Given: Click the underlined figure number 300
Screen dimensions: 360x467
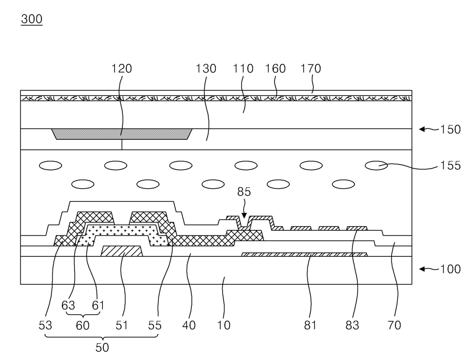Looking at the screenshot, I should pos(32,19).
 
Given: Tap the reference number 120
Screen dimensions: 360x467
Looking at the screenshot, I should pos(121,69).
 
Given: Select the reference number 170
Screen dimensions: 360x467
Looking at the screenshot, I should pos(311,69).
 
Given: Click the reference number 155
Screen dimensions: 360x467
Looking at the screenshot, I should pos(450,165).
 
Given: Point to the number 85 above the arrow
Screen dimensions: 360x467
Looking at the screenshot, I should pos(244,192).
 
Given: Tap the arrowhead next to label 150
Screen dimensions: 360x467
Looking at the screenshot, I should pos(423,129).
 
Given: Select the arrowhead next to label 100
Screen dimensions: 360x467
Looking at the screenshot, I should pos(423,269).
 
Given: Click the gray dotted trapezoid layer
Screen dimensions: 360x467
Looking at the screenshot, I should pos(122,134).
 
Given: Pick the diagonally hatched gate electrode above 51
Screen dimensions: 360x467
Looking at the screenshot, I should pos(122,251).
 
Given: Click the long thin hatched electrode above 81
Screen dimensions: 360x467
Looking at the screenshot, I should pos(304,255).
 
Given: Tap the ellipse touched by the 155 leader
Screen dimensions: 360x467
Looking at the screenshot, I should pos(376,165).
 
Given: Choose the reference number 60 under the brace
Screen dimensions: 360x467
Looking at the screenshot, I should pos(82,325).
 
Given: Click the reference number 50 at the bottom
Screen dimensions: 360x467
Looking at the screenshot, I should pos(102,347).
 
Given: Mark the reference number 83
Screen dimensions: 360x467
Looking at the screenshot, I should pos(352,325).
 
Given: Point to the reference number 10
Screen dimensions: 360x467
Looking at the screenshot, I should pos(224,325).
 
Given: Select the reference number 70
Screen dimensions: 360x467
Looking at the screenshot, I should pos(394,325).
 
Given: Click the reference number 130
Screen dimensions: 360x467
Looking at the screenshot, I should pos(206,69).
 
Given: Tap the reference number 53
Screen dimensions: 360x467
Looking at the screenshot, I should pos(45,325).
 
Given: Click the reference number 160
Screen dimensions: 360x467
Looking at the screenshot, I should pos(275,69).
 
